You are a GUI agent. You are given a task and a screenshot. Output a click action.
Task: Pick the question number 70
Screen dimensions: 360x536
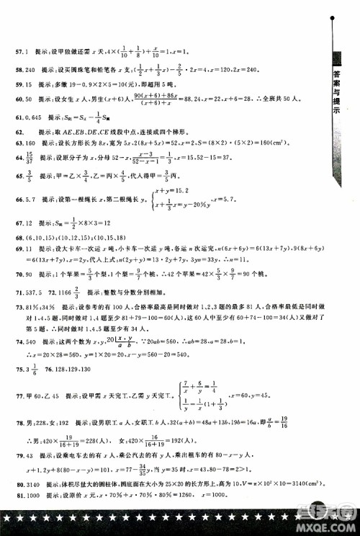(19, 274)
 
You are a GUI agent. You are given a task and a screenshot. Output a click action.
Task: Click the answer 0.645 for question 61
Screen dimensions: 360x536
(33, 118)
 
